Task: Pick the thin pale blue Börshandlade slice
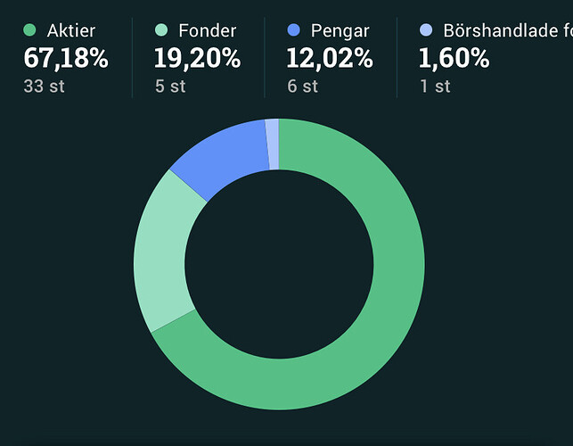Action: click(272, 144)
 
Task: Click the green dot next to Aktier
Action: click(29, 31)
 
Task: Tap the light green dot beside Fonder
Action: click(161, 31)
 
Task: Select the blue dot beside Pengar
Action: click(293, 31)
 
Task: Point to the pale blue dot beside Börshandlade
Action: click(426, 31)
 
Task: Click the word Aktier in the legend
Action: click(70, 31)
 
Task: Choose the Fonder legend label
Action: click(207, 31)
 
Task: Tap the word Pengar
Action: click(340, 31)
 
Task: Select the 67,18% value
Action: click(65, 59)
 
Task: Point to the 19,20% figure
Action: click(197, 59)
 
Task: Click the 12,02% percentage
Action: click(329, 59)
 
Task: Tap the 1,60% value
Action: click(454, 59)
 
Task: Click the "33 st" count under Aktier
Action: click(44, 87)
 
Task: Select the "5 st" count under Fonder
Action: click(169, 87)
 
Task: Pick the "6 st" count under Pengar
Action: click(302, 87)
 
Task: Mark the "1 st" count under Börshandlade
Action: click(434, 87)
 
